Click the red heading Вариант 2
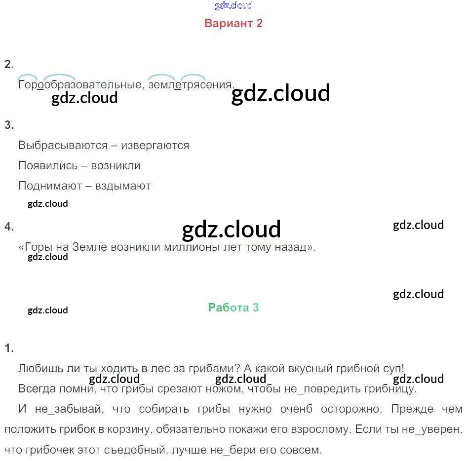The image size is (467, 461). pyautogui.click(x=233, y=23)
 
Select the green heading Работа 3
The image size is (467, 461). pyautogui.click(x=233, y=307)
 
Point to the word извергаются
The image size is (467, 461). pyautogui.click(x=155, y=145)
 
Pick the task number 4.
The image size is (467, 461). pyautogui.click(x=8, y=227)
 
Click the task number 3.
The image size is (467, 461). pyautogui.click(x=8, y=125)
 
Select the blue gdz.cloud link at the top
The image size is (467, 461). pyautogui.click(x=233, y=5)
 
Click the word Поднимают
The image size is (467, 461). pyautogui.click(x=48, y=186)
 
